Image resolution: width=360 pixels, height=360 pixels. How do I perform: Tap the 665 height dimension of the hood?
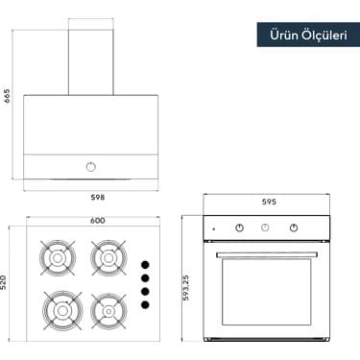coord(8,96)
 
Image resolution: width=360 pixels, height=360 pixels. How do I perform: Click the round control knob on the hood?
coord(91,166)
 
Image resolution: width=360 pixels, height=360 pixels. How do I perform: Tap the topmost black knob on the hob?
coord(146,264)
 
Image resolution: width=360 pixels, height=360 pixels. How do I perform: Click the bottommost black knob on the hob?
coord(146,304)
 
